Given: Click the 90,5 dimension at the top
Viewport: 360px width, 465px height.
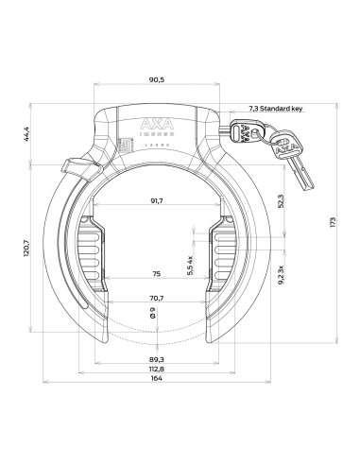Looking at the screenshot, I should tap(156, 80).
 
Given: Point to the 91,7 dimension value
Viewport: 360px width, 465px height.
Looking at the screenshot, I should tap(156, 201).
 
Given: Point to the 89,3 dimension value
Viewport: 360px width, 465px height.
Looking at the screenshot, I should tap(156, 360).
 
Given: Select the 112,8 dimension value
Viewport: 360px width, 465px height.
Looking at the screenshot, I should tap(156, 370).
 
